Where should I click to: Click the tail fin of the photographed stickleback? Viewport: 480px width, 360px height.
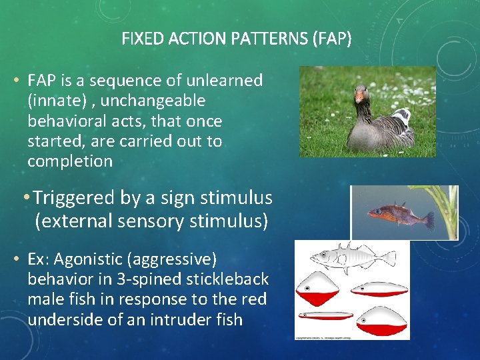tap(427, 220)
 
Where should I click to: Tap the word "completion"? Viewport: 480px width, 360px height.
tap(70, 161)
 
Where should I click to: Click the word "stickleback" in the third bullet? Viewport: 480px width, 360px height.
tap(229, 278)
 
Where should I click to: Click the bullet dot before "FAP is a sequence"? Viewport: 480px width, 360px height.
tap(15, 81)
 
